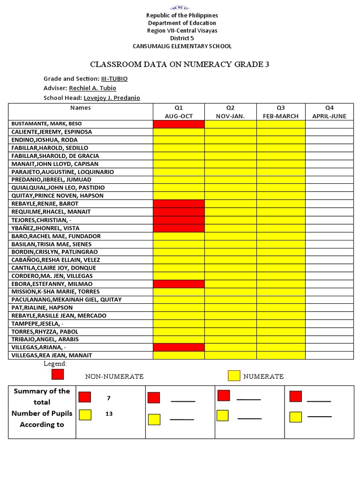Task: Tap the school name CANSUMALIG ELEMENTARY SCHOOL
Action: click(x=182, y=46)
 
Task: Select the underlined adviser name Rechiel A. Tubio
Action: click(x=92, y=88)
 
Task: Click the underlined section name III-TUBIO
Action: click(x=114, y=79)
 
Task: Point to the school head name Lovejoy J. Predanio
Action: click(x=112, y=98)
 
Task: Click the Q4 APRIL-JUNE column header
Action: click(x=329, y=112)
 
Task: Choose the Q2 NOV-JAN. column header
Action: click(x=230, y=112)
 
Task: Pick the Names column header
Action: click(x=81, y=108)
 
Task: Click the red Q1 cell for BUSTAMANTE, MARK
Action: click(x=179, y=124)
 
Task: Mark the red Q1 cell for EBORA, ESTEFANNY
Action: click(x=179, y=284)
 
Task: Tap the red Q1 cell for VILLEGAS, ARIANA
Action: click(x=179, y=347)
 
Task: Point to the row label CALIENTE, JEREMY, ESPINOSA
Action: click(x=52, y=132)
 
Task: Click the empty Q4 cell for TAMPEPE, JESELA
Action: click(x=329, y=323)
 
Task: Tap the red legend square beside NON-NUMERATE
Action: click(x=58, y=375)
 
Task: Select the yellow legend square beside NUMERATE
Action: click(x=234, y=375)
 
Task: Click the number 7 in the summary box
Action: click(x=109, y=398)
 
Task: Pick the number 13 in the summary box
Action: click(x=109, y=414)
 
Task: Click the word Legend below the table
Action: click(x=55, y=364)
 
